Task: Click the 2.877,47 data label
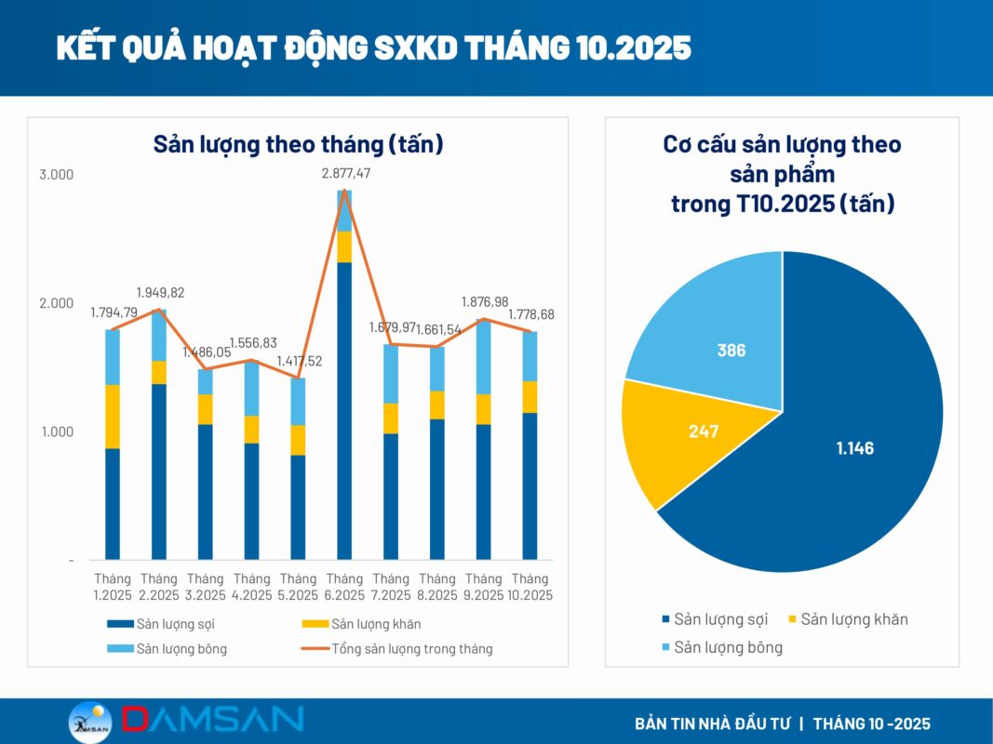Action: (346, 174)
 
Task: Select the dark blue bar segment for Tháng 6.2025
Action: (344, 409)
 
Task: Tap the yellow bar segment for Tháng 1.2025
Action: (113, 417)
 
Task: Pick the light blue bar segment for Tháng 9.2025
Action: (483, 357)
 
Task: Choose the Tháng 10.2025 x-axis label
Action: (530, 587)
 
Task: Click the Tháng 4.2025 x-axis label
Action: (251, 587)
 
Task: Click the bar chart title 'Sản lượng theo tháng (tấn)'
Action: (298, 145)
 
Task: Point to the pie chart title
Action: (782, 174)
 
